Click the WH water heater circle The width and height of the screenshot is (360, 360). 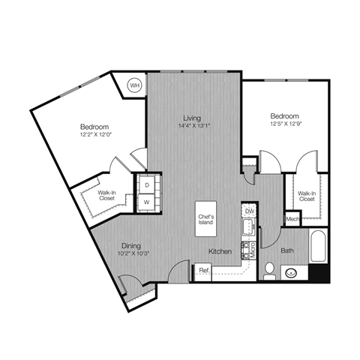[135, 85]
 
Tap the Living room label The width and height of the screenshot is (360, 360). [193, 116]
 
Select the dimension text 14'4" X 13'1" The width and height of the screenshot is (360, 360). [193, 125]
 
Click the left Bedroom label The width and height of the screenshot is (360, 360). [95, 127]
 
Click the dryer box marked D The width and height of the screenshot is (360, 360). [147, 184]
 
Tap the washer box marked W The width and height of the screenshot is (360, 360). [147, 201]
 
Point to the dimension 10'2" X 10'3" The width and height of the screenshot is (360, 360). [133, 253]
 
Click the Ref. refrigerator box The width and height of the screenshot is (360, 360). [202, 271]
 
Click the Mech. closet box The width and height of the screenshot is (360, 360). [292, 218]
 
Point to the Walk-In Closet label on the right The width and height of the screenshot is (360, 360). [307, 196]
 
